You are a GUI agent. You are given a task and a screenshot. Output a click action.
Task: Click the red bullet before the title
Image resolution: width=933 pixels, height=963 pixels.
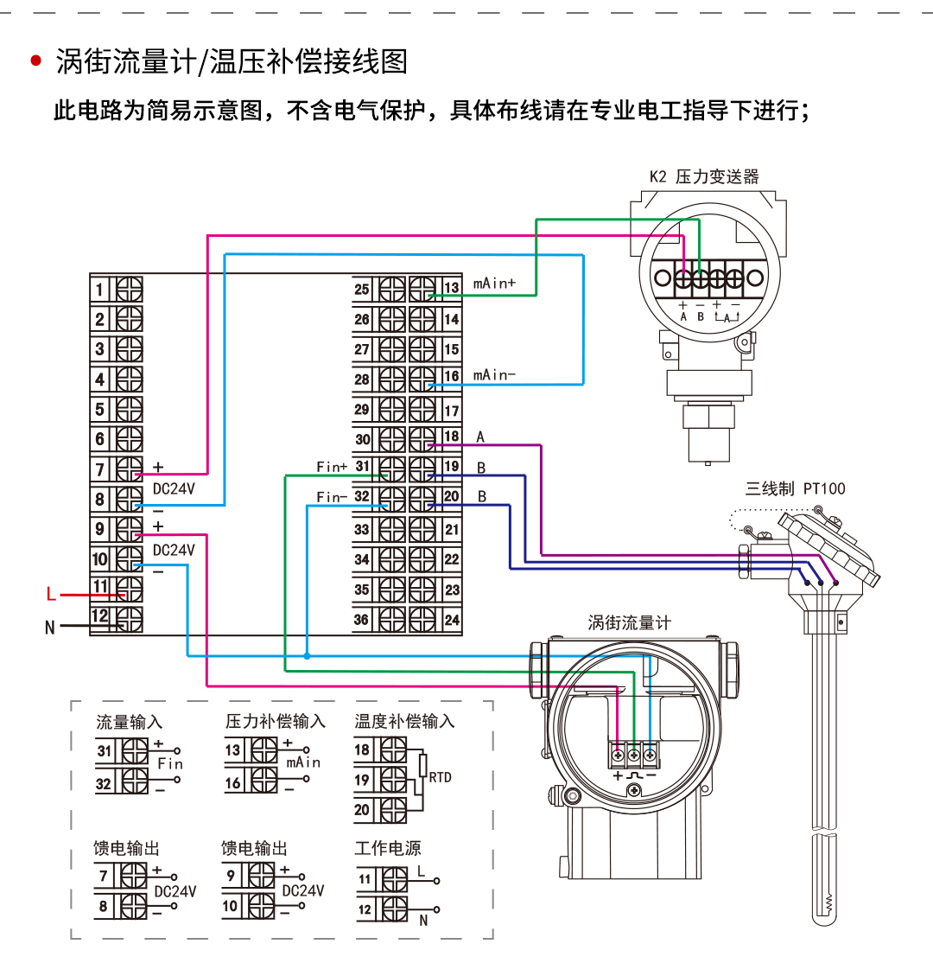click(35, 61)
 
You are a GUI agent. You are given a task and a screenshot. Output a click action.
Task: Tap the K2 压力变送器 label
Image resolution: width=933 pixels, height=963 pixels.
click(704, 176)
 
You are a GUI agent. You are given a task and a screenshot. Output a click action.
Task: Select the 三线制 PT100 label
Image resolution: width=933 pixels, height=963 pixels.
click(796, 488)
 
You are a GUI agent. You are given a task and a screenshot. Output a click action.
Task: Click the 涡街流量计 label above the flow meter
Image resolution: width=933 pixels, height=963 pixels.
click(629, 622)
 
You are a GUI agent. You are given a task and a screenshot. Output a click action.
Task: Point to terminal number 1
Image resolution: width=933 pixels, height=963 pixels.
click(100, 289)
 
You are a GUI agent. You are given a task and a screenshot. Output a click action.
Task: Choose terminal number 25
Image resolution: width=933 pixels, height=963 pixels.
click(362, 289)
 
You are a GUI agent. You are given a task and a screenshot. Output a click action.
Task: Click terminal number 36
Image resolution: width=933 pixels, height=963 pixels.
click(362, 619)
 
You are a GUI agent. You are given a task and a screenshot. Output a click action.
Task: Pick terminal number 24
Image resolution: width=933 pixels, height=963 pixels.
click(451, 619)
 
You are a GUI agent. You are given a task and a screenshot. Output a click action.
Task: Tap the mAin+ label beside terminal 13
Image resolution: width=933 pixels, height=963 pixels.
click(493, 284)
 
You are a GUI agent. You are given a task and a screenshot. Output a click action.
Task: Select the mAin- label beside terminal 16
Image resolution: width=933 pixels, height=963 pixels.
click(494, 375)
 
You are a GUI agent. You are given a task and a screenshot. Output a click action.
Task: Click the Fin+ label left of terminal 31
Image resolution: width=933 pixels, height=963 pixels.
click(332, 467)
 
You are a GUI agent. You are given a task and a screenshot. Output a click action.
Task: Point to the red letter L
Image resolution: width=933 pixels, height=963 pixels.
click(51, 595)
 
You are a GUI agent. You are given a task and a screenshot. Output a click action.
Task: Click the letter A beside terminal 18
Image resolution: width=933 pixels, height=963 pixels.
click(481, 437)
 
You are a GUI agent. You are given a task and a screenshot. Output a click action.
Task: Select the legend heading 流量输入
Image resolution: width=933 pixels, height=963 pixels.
click(129, 721)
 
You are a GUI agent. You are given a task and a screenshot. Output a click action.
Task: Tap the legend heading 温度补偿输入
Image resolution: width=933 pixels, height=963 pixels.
click(403, 721)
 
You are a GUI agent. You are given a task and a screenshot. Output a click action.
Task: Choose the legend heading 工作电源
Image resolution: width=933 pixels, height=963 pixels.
click(387, 848)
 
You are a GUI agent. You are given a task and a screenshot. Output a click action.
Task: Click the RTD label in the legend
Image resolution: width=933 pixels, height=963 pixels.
click(440, 777)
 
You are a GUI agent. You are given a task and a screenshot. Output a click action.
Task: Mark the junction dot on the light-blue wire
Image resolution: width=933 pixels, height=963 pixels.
click(307, 656)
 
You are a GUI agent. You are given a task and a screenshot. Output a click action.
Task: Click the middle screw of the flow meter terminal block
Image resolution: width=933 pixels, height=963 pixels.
click(634, 756)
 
